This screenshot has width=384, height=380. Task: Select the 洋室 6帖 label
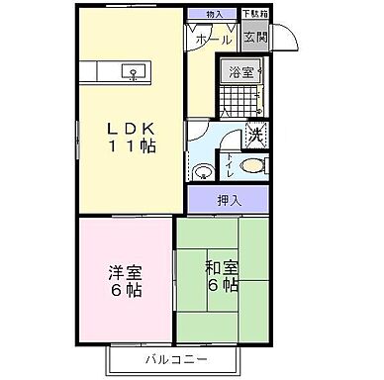pyautogui.click(x=125, y=281)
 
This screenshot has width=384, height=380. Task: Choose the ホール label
pyautogui.click(x=214, y=41)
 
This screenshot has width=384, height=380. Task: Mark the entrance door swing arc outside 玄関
pyautogui.click(x=286, y=38)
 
